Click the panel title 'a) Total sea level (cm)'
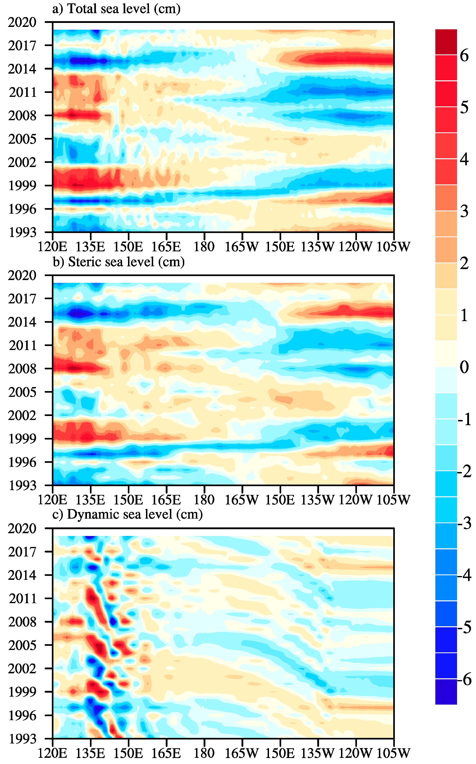point(116,9)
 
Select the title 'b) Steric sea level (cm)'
point(118,262)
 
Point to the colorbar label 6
point(464,55)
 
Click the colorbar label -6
point(464,680)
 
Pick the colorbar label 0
point(464,367)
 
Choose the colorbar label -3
point(464,523)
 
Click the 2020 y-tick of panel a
point(22,22)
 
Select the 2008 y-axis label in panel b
point(22,369)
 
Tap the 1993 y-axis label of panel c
point(22,739)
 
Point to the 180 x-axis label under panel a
point(204,247)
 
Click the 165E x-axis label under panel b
point(166,500)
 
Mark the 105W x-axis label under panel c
point(393,753)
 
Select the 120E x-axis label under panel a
point(53,247)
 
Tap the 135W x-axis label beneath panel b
point(318,500)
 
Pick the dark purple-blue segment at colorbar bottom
point(446,692)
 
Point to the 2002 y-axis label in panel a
point(22,162)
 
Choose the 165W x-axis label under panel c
point(242,753)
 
